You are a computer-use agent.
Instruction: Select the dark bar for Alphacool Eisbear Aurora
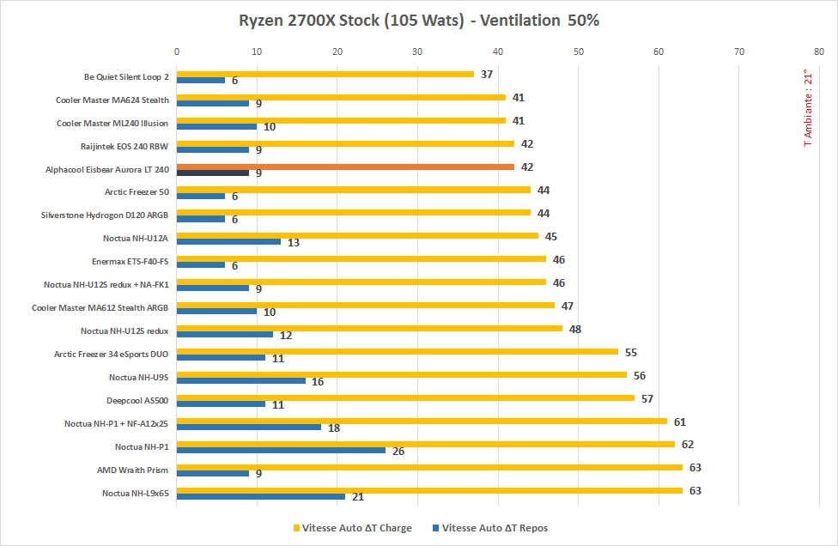pyautogui.click(x=212, y=173)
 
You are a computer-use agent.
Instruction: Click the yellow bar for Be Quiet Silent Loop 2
pyautogui.click(x=325, y=74)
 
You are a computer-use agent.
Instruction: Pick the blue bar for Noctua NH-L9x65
pyautogui.click(x=260, y=496)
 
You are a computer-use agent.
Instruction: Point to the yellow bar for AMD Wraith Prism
pyautogui.click(x=429, y=467)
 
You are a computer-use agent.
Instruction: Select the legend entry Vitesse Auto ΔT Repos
pyautogui.click(x=495, y=528)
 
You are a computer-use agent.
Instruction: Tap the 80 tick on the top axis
pyautogui.click(x=819, y=52)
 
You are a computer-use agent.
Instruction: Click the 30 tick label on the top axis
pyautogui.click(x=417, y=52)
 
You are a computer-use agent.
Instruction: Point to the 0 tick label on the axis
pyautogui.click(x=177, y=52)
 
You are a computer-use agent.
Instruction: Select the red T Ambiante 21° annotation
pyautogui.click(x=806, y=108)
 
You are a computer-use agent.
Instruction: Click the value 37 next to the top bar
pyautogui.click(x=486, y=74)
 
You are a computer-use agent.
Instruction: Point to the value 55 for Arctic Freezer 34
pyautogui.click(x=630, y=352)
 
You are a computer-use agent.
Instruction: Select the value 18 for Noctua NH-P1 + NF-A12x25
pyautogui.click(x=334, y=427)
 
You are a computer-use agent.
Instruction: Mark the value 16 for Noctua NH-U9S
pyautogui.click(x=318, y=380)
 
